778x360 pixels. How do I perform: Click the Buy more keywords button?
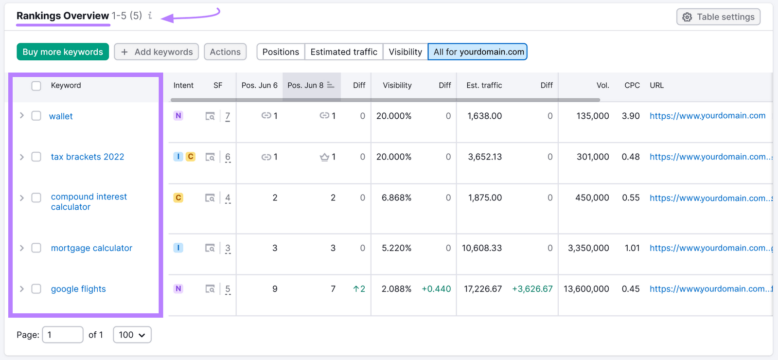62,52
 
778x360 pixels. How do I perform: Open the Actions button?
225,52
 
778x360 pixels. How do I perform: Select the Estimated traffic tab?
344,52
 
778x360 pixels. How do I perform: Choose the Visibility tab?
405,52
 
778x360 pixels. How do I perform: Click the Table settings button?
718,17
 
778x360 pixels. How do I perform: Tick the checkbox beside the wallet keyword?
36,116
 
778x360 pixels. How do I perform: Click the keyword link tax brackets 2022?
88,157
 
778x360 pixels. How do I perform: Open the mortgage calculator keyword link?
91,248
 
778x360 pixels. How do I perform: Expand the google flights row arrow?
22,289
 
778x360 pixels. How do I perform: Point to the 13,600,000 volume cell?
586,289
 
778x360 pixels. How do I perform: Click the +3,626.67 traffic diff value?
532,289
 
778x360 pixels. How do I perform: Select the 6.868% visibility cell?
396,198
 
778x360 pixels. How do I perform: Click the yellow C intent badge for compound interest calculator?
178,198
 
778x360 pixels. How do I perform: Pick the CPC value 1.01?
632,248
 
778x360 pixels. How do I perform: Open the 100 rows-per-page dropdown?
132,335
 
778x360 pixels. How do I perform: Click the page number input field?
62,335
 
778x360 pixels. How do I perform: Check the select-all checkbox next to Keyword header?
36,86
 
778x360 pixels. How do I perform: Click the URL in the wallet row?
707,116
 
